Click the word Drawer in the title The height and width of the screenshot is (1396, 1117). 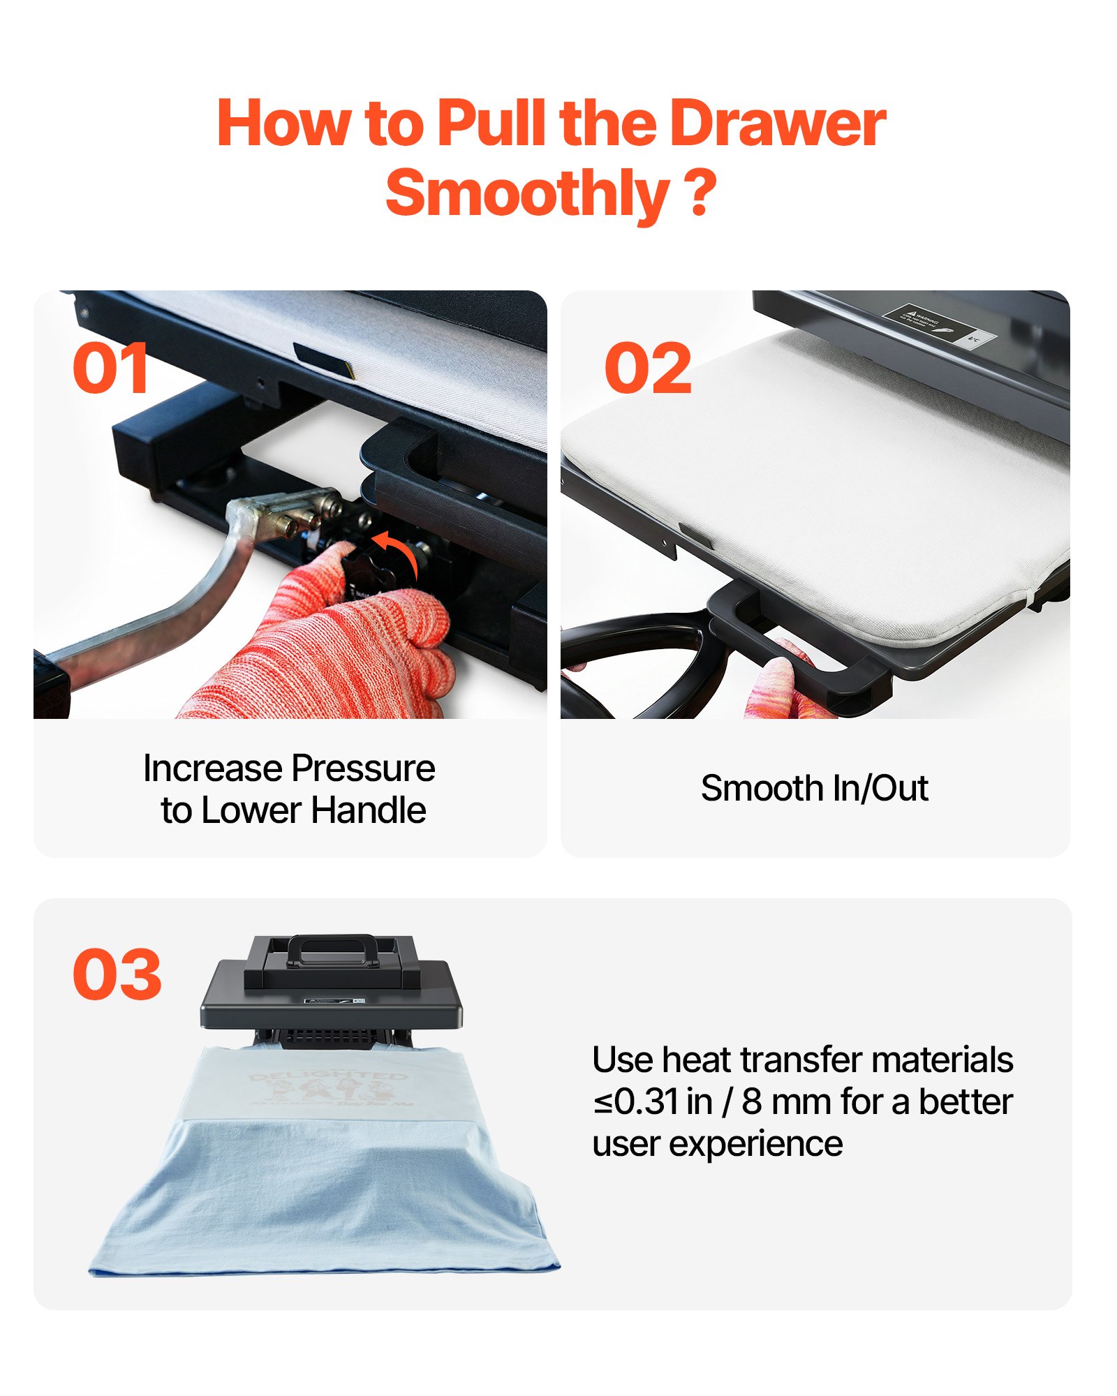(x=776, y=124)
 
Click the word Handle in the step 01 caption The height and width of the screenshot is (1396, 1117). (x=368, y=810)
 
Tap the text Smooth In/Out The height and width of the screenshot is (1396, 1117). (x=814, y=789)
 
